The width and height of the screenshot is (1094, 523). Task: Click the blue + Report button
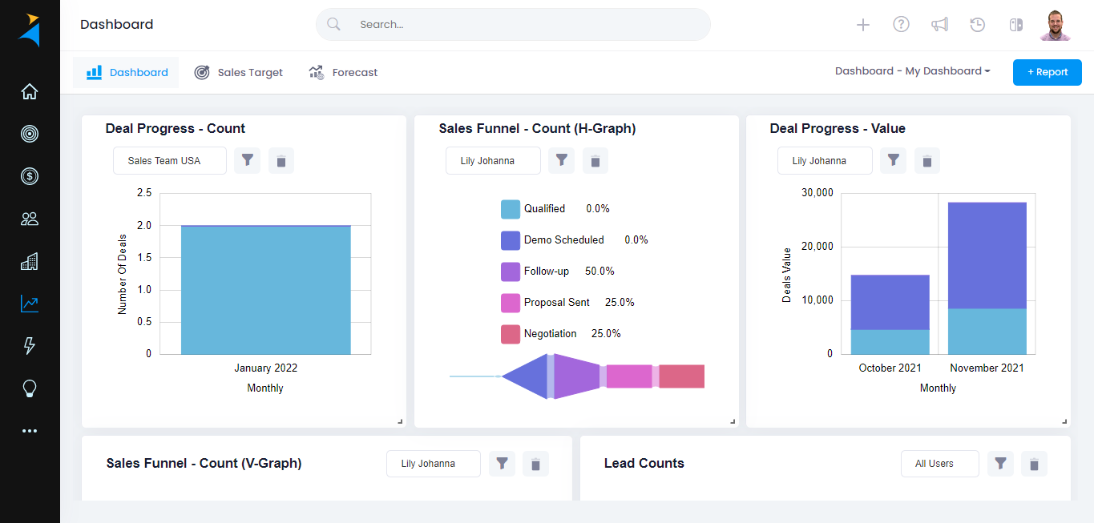pyautogui.click(x=1047, y=72)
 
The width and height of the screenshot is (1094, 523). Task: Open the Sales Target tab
pyautogui.click(x=239, y=72)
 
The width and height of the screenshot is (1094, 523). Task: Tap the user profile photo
pyautogui.click(x=1056, y=25)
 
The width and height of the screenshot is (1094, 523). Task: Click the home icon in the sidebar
pyautogui.click(x=30, y=91)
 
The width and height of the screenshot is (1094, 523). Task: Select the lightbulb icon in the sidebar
pyautogui.click(x=30, y=388)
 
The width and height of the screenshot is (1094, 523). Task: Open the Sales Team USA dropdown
pyautogui.click(x=169, y=161)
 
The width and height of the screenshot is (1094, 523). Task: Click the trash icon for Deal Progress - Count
pyautogui.click(x=281, y=161)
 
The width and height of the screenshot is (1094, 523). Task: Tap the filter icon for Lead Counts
pyautogui.click(x=1000, y=464)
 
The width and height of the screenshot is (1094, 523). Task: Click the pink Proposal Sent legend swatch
pyautogui.click(x=511, y=303)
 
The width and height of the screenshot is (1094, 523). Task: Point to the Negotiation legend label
pyautogui.click(x=550, y=334)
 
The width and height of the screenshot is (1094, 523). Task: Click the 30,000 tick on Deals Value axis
pyautogui.click(x=817, y=193)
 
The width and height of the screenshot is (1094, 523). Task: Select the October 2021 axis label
pyautogui.click(x=890, y=368)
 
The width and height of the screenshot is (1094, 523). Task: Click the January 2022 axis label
pyautogui.click(x=265, y=368)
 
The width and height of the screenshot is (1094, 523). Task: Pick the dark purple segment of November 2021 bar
pyautogui.click(x=987, y=255)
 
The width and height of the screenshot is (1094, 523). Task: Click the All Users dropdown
pyautogui.click(x=939, y=464)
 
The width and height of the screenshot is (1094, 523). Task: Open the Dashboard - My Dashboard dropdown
pyautogui.click(x=912, y=71)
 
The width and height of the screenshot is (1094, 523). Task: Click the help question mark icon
pyautogui.click(x=901, y=25)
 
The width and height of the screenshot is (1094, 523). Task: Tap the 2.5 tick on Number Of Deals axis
pyautogui.click(x=144, y=193)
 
